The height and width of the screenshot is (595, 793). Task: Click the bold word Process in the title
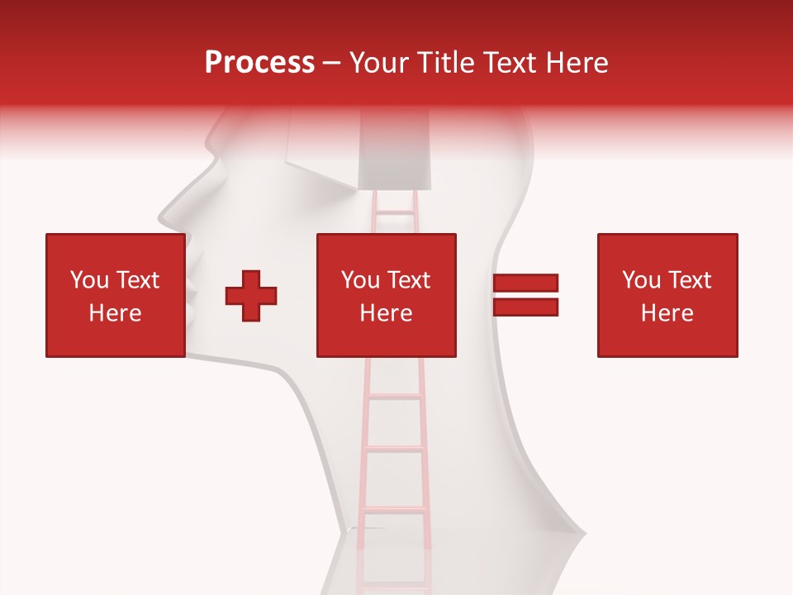coord(259,63)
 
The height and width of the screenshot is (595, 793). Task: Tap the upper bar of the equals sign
coord(525,283)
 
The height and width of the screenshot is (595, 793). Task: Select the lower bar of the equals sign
coord(525,307)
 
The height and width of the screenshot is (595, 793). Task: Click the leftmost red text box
coord(115,295)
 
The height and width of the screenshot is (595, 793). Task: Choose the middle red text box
coord(386,295)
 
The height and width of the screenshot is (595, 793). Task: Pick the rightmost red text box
coord(667,295)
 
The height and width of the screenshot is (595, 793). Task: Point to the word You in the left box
coord(89,280)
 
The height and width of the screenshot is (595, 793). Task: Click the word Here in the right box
coord(667,313)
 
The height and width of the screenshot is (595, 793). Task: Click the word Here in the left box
coord(115,313)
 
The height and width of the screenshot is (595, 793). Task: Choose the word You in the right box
coord(641,280)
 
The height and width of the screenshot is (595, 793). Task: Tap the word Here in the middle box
coord(386,313)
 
